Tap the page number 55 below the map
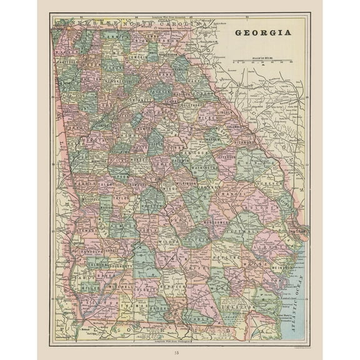[179, 352]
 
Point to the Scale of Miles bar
[263, 62]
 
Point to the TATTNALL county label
[243, 231]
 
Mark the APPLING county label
[224, 257]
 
